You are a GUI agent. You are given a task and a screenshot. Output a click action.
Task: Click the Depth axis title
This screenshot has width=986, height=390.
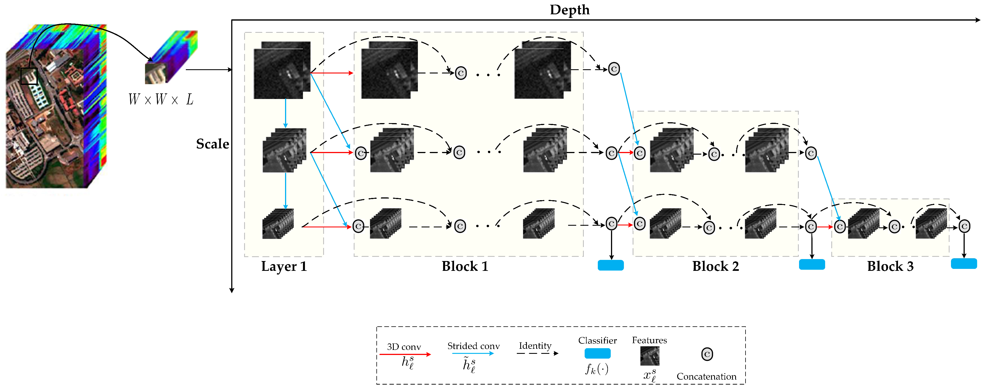(569, 10)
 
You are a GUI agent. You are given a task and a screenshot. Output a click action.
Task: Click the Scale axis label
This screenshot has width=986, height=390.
(212, 144)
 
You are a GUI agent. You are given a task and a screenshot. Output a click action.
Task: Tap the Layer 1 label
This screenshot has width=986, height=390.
(284, 266)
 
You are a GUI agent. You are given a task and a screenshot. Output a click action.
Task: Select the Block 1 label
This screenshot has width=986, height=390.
(465, 266)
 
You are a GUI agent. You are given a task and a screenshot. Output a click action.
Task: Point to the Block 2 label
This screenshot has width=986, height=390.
(715, 266)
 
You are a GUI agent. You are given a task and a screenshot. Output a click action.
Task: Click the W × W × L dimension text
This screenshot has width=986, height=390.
(161, 100)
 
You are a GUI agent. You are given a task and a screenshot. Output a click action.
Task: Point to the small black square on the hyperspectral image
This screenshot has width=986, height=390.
(29, 76)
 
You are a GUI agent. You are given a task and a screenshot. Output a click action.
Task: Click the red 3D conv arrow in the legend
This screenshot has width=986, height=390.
(405, 354)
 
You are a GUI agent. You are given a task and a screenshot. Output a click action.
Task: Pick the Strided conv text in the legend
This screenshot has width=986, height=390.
(473, 346)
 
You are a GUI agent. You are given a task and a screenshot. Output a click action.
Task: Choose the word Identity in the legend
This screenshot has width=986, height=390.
(535, 346)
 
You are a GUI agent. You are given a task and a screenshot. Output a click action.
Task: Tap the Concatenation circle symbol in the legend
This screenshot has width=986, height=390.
(707, 354)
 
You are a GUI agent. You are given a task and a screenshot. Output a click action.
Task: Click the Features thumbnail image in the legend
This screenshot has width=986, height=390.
(650, 356)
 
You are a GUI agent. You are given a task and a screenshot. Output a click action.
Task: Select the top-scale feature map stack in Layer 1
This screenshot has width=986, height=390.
(282, 70)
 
